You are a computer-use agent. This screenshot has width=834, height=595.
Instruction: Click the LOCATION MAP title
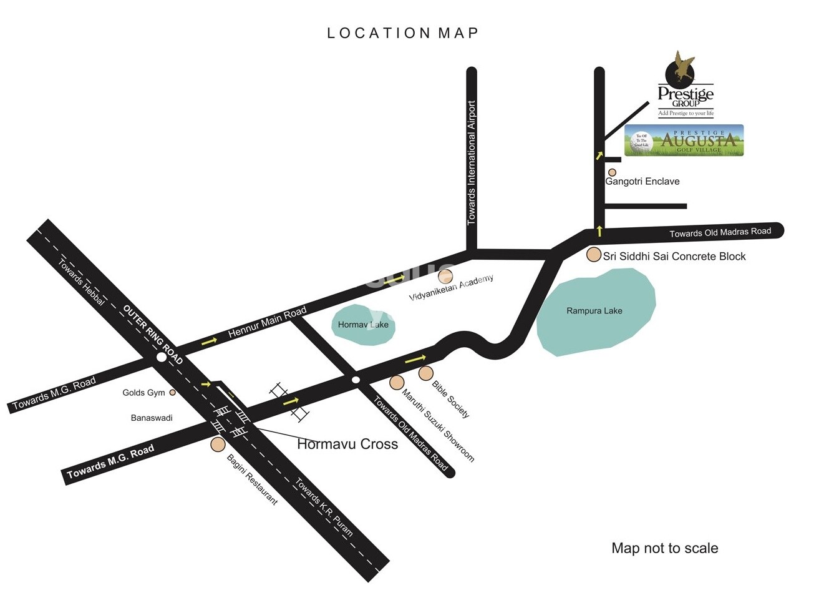[x=402, y=33]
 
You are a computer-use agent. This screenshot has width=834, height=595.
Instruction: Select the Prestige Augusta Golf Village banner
[x=684, y=140]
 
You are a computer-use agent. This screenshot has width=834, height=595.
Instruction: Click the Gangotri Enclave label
[x=642, y=182]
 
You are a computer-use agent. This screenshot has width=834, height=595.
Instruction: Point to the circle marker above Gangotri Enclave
[x=612, y=172]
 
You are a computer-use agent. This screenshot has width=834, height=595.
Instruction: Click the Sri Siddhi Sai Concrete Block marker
[x=594, y=255]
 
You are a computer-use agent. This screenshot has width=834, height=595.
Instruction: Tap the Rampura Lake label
[x=594, y=311]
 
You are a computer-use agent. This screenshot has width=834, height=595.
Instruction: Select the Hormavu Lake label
[x=363, y=325]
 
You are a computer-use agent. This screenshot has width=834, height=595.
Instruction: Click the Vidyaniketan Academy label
[x=451, y=288]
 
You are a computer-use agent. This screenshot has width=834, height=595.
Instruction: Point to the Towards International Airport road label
[x=472, y=163]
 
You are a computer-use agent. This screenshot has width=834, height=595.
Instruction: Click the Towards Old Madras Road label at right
[x=720, y=232]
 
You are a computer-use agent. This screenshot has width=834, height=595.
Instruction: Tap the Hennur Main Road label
[x=267, y=322]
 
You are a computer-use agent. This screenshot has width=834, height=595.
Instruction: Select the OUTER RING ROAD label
[x=153, y=334]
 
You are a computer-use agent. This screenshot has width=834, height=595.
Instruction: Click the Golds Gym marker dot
[x=173, y=393]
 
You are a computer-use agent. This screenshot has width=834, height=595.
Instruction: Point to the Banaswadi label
[x=152, y=418]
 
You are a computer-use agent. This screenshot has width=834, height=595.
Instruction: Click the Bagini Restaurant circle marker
[x=218, y=445]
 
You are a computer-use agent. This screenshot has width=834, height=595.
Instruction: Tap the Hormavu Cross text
[x=347, y=445]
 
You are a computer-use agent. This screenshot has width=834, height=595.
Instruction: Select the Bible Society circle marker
[x=425, y=373]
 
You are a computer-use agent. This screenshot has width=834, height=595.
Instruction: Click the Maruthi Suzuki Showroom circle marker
[x=397, y=382]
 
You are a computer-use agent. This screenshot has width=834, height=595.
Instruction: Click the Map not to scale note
[x=664, y=548]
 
